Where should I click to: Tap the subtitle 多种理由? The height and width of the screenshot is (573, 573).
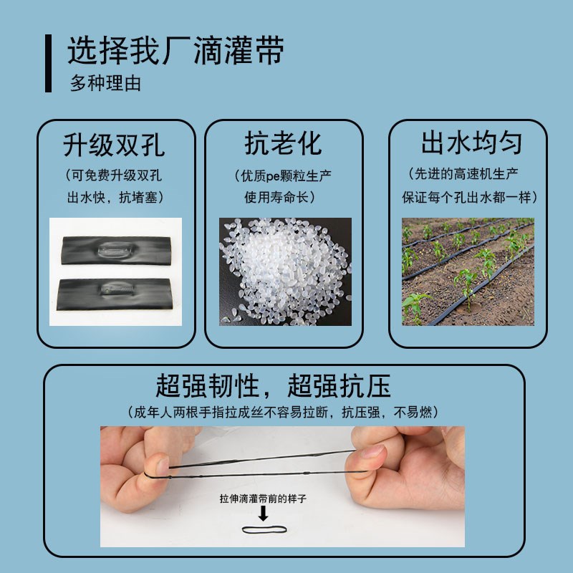(x=105, y=83)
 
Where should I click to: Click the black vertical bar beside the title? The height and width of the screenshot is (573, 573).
(x=48, y=62)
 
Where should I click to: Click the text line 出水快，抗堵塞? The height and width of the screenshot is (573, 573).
(x=115, y=196)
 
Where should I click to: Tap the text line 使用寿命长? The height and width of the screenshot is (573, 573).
(x=284, y=196)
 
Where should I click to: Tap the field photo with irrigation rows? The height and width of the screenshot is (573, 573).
(x=467, y=271)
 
